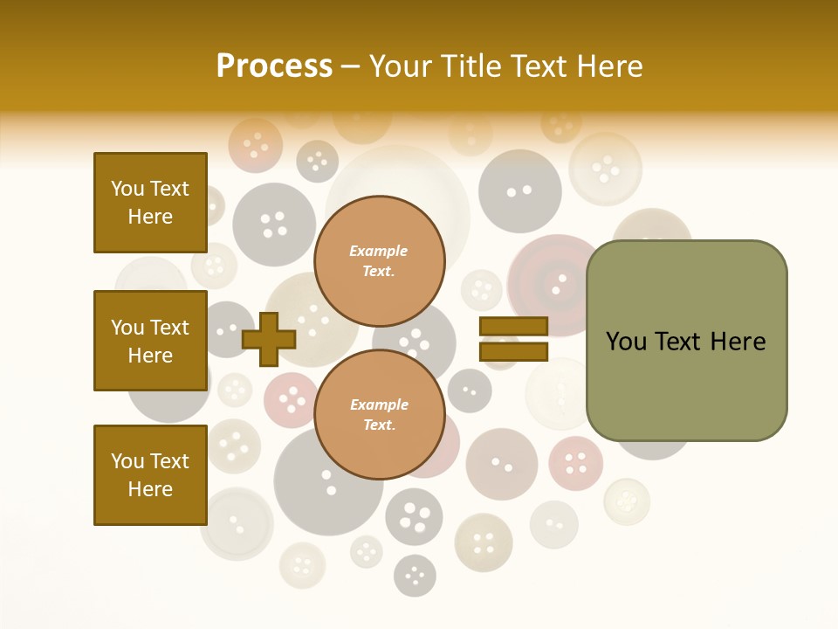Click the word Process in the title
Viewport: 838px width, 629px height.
(274, 66)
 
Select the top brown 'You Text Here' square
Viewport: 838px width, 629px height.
(150, 203)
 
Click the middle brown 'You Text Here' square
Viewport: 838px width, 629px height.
(150, 341)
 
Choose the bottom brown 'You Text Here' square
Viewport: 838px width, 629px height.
(150, 474)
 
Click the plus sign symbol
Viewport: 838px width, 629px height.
(269, 338)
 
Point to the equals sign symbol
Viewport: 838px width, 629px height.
(513, 339)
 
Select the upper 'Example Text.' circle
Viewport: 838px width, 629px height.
(380, 261)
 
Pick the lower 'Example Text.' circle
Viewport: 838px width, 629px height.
(380, 415)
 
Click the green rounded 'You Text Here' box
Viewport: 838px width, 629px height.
(686, 341)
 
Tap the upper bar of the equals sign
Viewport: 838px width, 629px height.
(513, 327)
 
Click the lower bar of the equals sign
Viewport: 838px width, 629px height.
(513, 351)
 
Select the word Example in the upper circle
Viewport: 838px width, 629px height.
(378, 251)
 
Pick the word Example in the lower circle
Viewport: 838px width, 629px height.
(379, 404)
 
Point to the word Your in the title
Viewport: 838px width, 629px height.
(401, 66)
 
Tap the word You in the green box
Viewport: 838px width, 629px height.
(626, 342)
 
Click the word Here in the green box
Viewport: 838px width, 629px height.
(738, 342)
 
